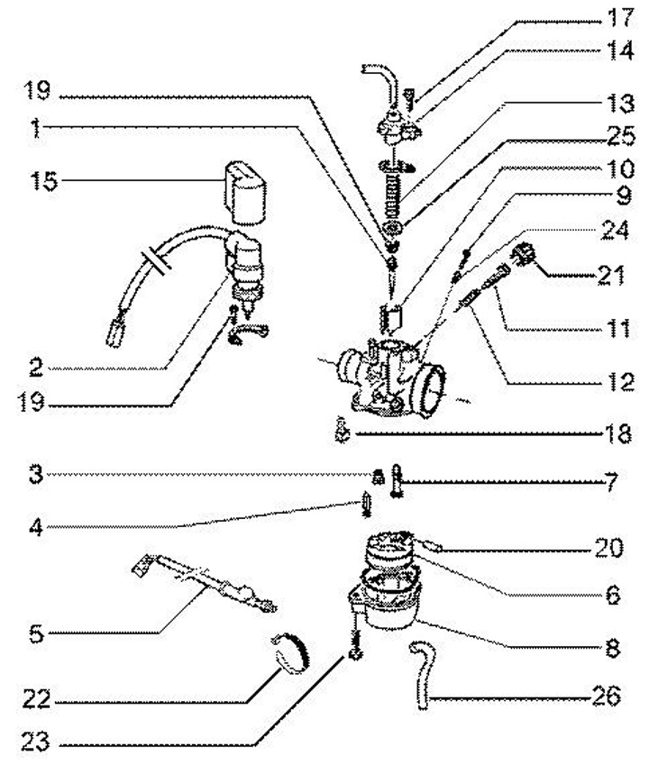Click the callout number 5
click(36, 634)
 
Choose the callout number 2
click(36, 368)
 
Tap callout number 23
click(38, 744)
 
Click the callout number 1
click(33, 129)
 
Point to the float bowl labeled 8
click(388, 605)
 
